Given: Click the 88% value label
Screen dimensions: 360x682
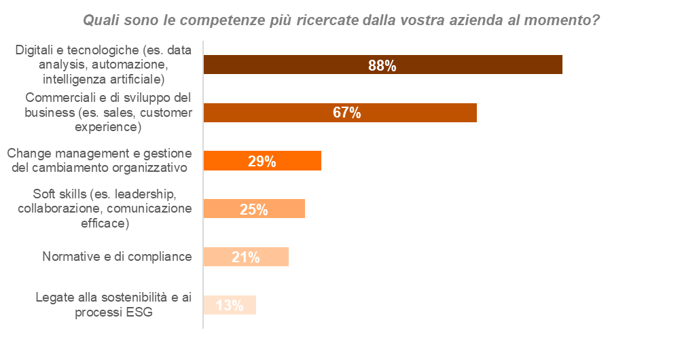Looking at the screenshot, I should [382, 65].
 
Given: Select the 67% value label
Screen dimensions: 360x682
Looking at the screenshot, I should [346, 113].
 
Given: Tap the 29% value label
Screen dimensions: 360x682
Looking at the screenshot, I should [262, 162].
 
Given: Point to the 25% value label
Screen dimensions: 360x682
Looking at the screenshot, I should [253, 210].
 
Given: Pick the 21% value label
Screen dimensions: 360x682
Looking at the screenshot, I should [245, 257].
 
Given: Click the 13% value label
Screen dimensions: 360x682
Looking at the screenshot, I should [229, 306].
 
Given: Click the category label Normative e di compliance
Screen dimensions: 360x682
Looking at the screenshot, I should [117, 257].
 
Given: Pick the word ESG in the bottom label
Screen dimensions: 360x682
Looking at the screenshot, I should [139, 312].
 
